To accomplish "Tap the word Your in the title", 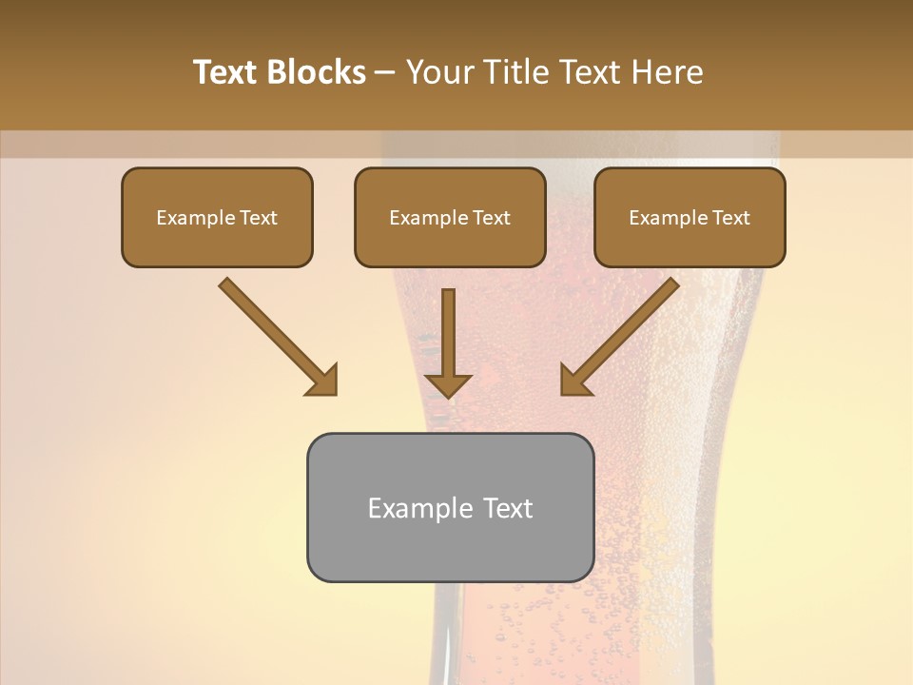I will coord(440,72).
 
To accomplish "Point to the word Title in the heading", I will coord(515,72).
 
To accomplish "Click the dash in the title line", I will coord(385,73).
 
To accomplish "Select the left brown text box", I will coord(217,217).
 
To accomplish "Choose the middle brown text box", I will coord(450,217).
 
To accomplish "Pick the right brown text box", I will coord(690,217).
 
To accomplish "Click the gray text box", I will coord(450,507).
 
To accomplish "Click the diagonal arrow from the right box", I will coord(622,335).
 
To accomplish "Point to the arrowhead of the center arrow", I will coord(448,384).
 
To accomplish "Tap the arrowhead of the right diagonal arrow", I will coord(574,381).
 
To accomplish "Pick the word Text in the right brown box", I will coord(730,218).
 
